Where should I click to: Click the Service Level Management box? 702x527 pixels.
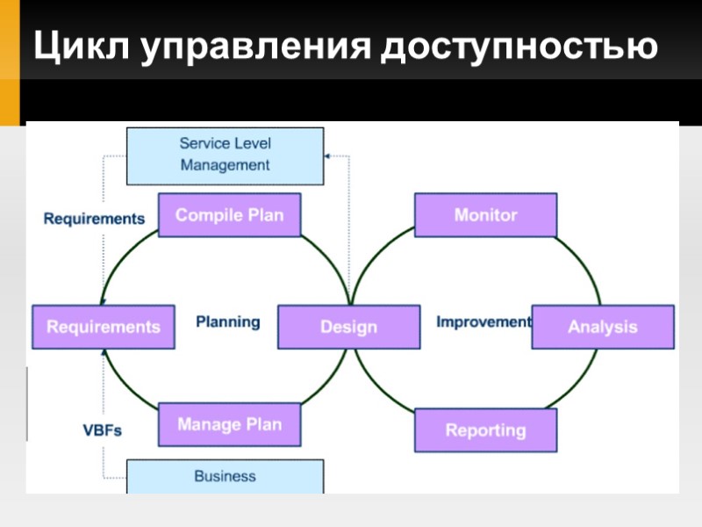click(225, 155)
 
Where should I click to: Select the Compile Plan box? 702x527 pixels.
click(229, 215)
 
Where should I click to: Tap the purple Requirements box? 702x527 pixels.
click(103, 327)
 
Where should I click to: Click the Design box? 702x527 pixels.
click(348, 327)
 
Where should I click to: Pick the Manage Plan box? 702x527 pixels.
click(229, 425)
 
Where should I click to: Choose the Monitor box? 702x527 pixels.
click(485, 215)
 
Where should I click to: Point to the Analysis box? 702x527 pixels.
click(602, 327)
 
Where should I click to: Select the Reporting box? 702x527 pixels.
click(485, 430)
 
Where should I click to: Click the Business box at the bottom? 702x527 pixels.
click(225, 477)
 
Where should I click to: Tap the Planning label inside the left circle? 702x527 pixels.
click(228, 321)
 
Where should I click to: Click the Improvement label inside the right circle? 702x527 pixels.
click(484, 321)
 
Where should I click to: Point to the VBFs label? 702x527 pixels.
click(102, 431)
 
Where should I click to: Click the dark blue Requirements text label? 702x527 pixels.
click(94, 219)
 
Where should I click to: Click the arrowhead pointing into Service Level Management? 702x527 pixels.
click(328, 155)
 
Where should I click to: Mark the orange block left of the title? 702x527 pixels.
click(10, 61)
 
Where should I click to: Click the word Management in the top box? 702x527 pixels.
click(225, 165)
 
